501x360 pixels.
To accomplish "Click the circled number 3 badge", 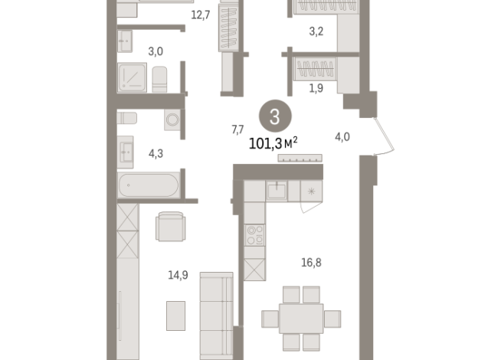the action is click(275, 116).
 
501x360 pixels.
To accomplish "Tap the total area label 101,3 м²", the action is click(273, 143).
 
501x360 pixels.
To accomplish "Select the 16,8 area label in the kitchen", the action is click(311, 263).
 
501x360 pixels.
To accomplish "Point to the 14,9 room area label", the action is click(178, 275).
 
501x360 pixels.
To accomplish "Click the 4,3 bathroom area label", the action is click(156, 154).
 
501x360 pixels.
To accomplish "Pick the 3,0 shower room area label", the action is click(156, 51).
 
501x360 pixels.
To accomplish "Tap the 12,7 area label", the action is click(201, 15).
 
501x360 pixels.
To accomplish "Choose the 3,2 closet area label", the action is click(316, 31).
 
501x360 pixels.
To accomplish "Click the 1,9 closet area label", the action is click(316, 88).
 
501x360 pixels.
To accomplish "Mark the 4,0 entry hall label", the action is click(342, 137).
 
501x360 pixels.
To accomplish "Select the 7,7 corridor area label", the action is click(237, 129).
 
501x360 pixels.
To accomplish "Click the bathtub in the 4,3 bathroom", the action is click(149, 185).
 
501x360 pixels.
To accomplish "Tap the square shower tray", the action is click(132, 77).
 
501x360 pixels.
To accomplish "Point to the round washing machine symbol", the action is click(172, 119).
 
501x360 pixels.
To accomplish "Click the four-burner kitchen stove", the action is click(254, 235).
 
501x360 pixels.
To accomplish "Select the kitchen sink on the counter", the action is click(277, 191).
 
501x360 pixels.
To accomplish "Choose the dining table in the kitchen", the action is click(301, 319).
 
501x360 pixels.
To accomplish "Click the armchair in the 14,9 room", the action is click(171, 227).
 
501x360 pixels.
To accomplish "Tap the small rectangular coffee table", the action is click(175, 316).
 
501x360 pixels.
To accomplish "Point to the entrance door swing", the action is click(385, 136).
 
